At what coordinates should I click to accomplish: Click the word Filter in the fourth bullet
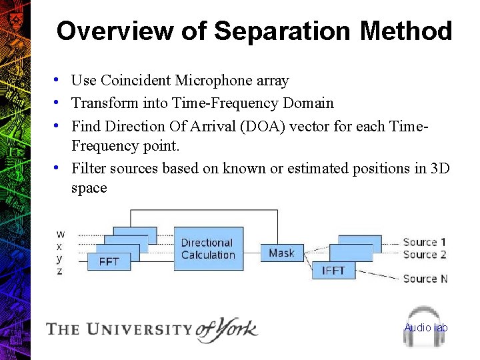click(89, 169)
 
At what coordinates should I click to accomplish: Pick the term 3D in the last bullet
click(440, 169)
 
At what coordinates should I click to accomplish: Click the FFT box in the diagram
click(109, 261)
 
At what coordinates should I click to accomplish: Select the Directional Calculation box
click(207, 249)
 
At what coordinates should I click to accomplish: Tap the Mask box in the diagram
click(281, 253)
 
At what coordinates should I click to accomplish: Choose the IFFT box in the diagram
click(333, 270)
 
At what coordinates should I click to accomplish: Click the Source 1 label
click(425, 242)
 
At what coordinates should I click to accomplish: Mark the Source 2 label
click(425, 254)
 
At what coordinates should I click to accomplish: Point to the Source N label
click(425, 279)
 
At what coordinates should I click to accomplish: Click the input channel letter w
click(61, 234)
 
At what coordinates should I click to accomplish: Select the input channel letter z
click(60, 271)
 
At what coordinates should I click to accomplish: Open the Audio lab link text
click(426, 327)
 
